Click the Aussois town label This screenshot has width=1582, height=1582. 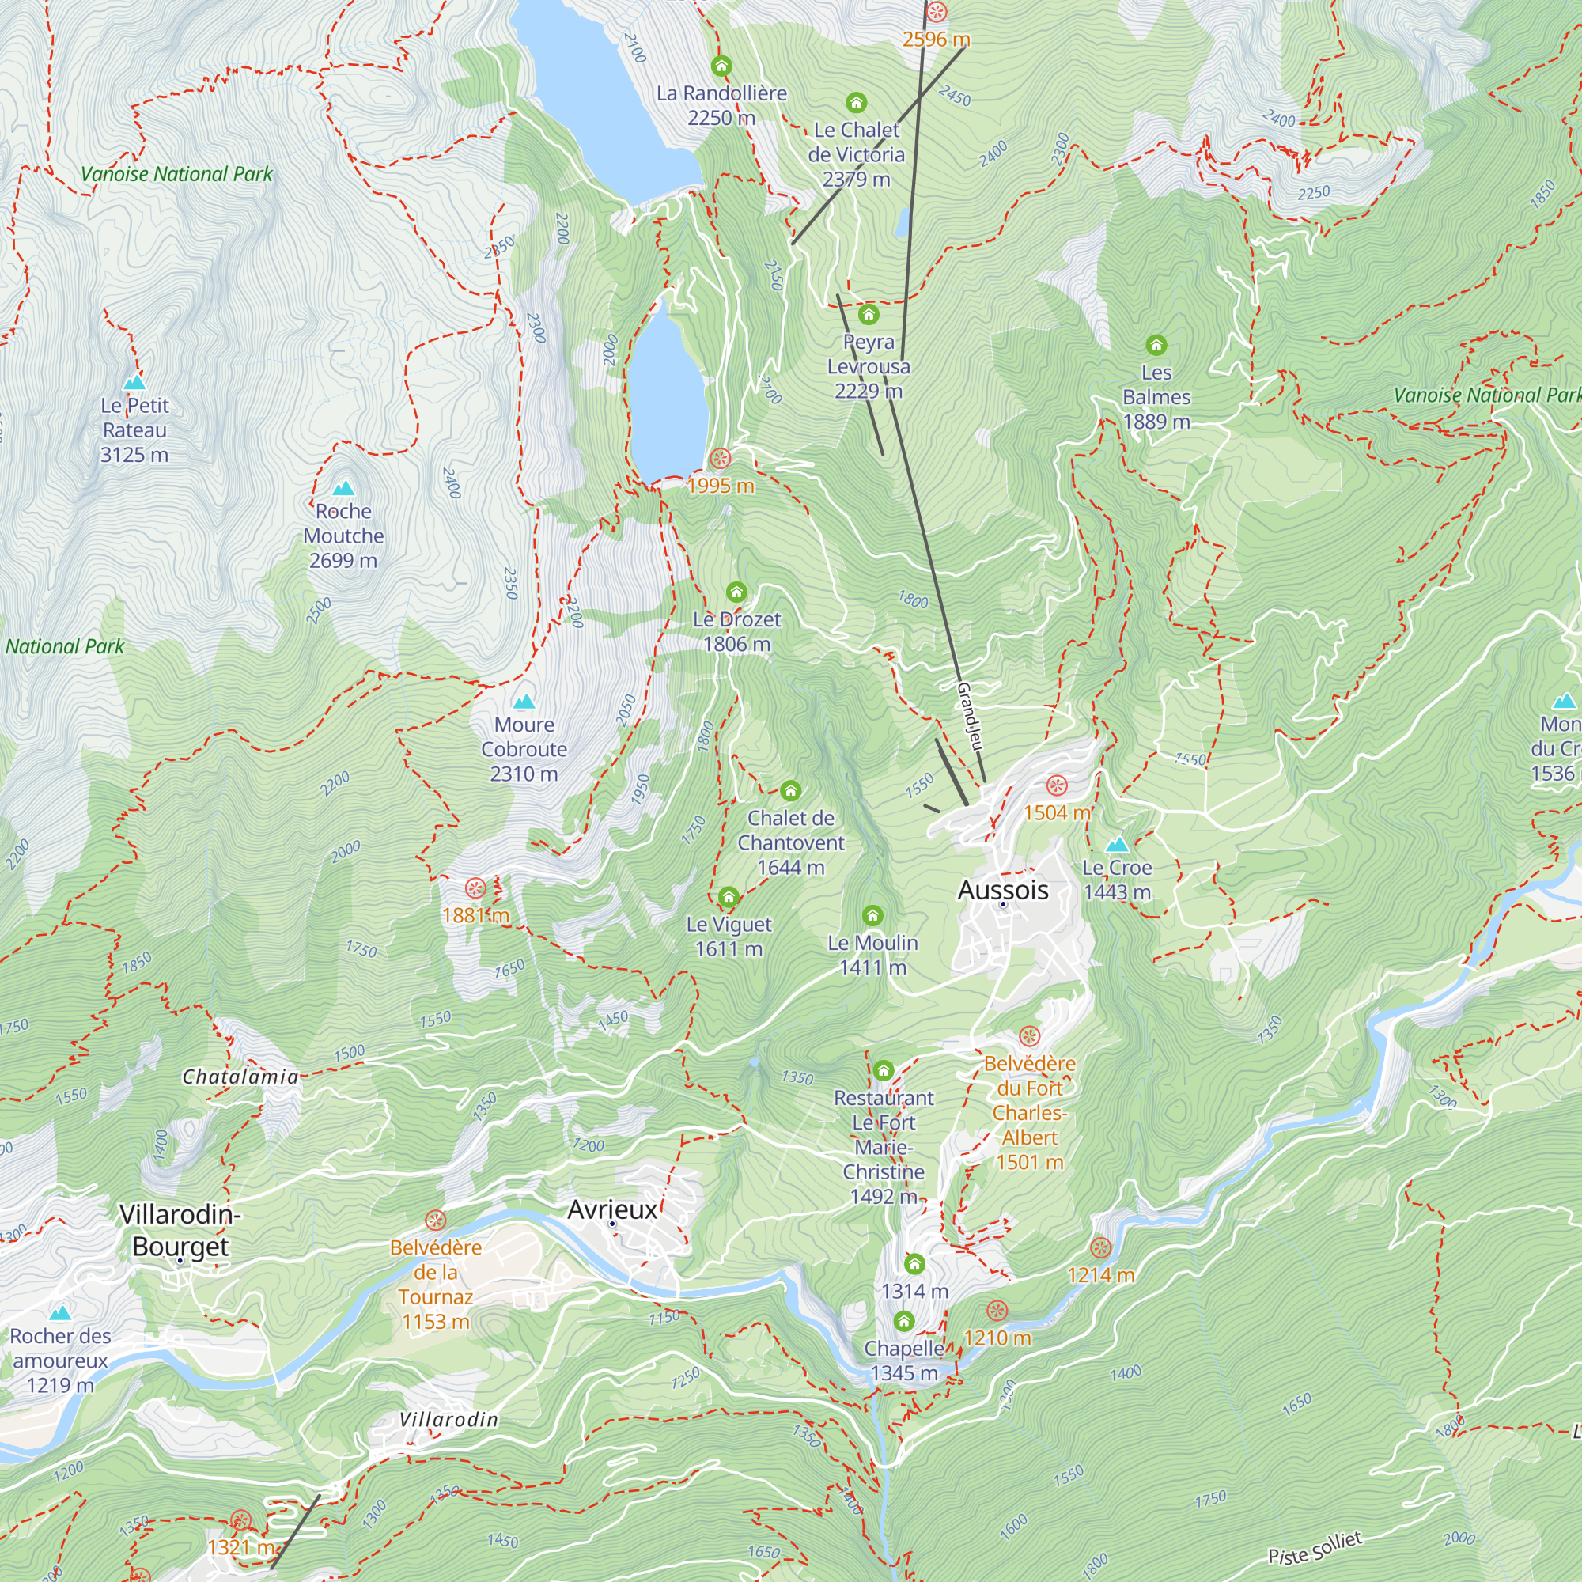point(1002,890)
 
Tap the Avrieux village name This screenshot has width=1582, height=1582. point(611,1209)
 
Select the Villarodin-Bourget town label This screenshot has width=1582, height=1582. point(180,1230)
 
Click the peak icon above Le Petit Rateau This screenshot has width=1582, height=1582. point(134,381)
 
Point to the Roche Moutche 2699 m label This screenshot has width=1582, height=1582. point(343,536)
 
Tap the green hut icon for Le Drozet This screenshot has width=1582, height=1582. point(736,591)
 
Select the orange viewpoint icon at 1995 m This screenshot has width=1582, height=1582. point(720,459)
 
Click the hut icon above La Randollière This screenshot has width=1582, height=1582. point(721,66)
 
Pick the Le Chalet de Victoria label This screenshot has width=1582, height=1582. point(856,154)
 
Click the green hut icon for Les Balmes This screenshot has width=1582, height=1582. point(1156,345)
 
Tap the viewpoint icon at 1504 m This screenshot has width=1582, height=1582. point(1056,786)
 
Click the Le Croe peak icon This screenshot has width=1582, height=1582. point(1117,844)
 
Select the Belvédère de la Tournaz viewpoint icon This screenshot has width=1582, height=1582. point(436,1221)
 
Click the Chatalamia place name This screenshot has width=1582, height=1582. point(240,1077)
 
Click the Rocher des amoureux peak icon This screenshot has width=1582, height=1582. point(60,1313)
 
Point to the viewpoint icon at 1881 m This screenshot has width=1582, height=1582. point(475,888)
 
